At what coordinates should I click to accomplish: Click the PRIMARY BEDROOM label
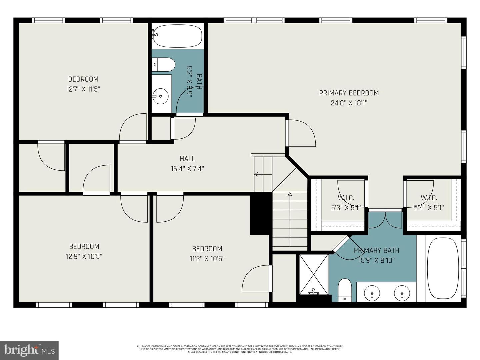(x=349, y=93)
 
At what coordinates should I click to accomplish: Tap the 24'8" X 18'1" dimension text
(x=349, y=103)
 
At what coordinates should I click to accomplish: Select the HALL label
(x=187, y=159)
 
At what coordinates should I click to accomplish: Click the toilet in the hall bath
(x=163, y=65)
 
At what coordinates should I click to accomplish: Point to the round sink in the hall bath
(x=161, y=96)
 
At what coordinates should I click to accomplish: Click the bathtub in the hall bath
(x=177, y=36)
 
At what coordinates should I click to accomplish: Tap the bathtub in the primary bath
(x=443, y=268)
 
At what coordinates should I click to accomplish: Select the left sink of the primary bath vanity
(x=371, y=293)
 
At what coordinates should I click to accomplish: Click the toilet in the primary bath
(x=344, y=290)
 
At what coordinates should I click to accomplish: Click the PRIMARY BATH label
(x=376, y=250)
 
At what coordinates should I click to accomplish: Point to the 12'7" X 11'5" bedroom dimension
(x=83, y=89)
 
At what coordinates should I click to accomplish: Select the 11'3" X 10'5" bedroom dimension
(x=207, y=259)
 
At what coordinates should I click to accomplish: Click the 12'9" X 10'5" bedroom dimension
(x=84, y=256)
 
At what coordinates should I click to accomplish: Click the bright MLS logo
(x=29, y=350)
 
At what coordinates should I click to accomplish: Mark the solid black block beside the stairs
(x=261, y=213)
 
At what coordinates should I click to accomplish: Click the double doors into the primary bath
(x=386, y=220)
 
